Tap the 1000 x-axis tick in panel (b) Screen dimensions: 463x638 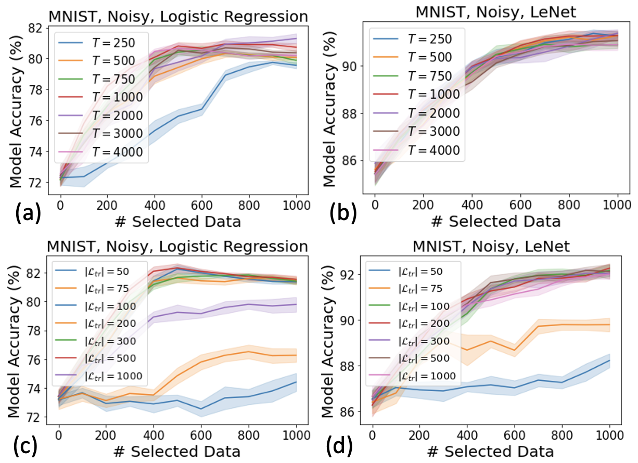(x=607, y=204)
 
